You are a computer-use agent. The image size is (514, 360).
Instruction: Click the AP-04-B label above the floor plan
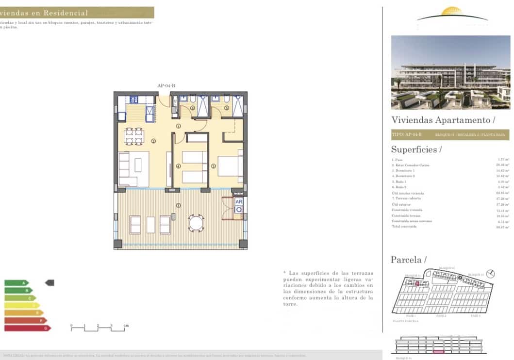pyautogui.click(x=166, y=86)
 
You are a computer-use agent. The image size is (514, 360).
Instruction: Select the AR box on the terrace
pyautogui.click(x=238, y=201)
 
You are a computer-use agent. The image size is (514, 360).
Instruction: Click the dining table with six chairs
pyautogui.click(x=134, y=136)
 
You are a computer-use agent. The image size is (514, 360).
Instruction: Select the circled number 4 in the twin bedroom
pyautogui.click(x=179, y=166)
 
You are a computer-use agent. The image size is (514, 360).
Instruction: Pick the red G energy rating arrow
pyautogui.click(x=27, y=328)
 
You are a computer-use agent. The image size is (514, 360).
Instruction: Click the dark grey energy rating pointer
pyautogui.click(x=50, y=283)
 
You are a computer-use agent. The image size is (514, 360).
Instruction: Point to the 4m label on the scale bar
pyautogui.click(x=126, y=325)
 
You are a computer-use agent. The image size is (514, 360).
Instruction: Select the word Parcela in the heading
pyautogui.click(x=406, y=260)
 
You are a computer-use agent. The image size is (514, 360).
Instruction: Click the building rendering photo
pyautogui.click(x=450, y=72)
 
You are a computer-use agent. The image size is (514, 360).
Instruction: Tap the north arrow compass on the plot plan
pyautogui.click(x=491, y=274)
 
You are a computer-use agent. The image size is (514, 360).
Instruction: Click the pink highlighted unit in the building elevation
pyautogui.click(x=438, y=351)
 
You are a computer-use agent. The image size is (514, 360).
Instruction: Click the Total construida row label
pyautogui.click(x=404, y=227)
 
